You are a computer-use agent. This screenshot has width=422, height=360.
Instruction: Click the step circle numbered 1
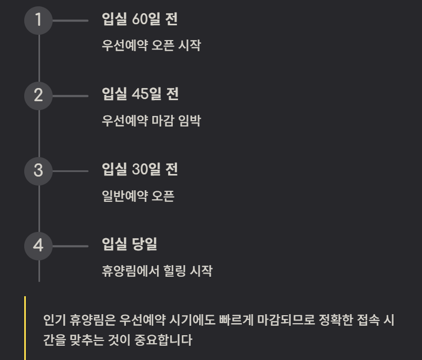[x=38, y=21]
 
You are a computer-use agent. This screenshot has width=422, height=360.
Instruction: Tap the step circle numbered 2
[x=38, y=96]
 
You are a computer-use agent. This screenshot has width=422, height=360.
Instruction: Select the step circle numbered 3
[x=38, y=171]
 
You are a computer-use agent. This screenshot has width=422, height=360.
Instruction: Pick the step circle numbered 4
[x=38, y=246]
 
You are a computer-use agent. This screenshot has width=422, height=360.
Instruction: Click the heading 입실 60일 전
[x=140, y=20]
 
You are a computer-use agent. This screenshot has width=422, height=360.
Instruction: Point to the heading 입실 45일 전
[x=140, y=94]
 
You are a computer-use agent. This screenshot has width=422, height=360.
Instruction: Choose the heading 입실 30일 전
[x=140, y=170]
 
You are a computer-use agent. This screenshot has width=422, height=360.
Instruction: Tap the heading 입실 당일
[x=130, y=245]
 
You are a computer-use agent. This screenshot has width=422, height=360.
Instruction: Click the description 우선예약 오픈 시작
[x=151, y=45]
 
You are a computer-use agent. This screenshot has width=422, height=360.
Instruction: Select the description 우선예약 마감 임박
[x=151, y=121]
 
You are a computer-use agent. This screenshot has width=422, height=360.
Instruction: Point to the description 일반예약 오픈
[x=138, y=196]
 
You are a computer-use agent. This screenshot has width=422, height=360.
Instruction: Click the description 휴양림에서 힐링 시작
[x=157, y=271]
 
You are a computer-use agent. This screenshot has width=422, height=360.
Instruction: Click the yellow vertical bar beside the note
[x=25, y=328]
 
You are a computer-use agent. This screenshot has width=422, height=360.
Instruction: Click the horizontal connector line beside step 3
[x=71, y=171]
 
